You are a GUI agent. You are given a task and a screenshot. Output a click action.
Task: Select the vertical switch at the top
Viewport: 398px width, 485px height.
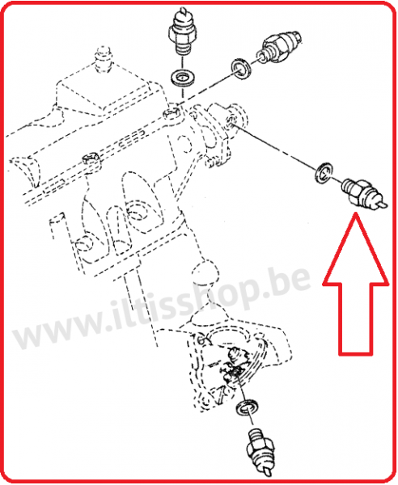coord(182,36)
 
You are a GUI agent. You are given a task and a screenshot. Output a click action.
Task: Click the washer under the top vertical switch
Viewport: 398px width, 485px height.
coord(182,79)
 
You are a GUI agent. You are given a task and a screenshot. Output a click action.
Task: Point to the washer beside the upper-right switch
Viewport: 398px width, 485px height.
coord(240,70)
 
